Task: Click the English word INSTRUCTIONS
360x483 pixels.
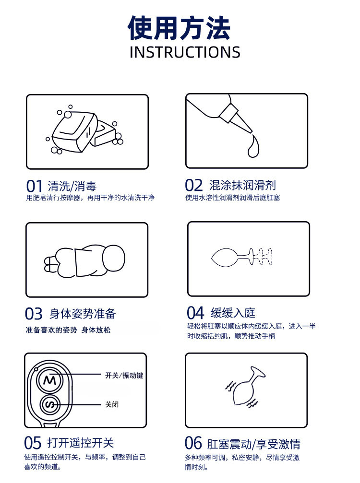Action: (x=185, y=52)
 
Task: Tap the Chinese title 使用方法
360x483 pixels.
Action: (x=179, y=28)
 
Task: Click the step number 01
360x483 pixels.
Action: (x=34, y=186)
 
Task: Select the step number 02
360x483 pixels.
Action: (x=193, y=186)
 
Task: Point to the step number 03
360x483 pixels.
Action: (x=34, y=314)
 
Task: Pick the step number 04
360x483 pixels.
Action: (x=195, y=313)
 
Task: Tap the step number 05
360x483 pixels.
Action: (x=33, y=443)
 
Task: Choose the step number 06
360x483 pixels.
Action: (x=193, y=443)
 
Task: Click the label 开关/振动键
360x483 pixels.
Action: (x=124, y=376)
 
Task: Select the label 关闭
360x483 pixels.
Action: (x=112, y=404)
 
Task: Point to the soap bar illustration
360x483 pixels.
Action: (x=84, y=131)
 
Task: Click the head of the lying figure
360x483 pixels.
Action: (x=114, y=258)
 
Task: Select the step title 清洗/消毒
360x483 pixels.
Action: (x=72, y=187)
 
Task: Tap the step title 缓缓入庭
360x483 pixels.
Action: (x=233, y=313)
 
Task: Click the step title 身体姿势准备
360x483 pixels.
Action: (x=83, y=314)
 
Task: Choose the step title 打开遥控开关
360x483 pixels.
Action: (x=81, y=443)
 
